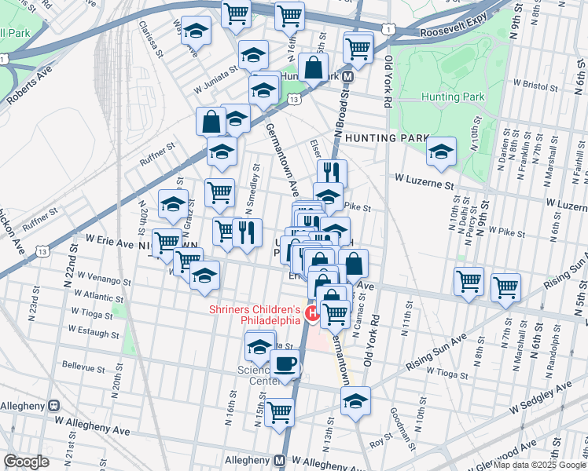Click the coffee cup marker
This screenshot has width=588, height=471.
coord(284,364)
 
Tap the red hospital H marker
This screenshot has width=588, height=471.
coord(311,314)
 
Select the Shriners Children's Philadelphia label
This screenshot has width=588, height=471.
coord(255,314)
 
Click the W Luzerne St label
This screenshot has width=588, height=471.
coord(425,184)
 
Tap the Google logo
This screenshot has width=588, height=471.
coord(26,462)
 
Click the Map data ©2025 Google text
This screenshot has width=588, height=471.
coord(540,465)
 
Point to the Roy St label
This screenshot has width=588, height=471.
coord(382,443)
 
